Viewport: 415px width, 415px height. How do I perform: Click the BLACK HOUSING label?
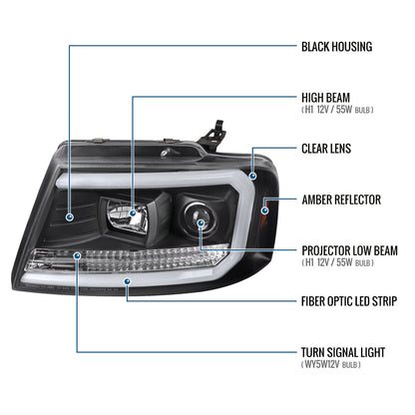tap(336, 47)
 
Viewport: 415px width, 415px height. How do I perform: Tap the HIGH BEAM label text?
tap(325, 98)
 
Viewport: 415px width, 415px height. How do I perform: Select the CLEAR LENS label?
tap(326, 149)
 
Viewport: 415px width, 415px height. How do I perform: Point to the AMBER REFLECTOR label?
tap(341, 200)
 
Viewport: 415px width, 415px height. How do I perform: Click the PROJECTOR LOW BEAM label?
tap(349, 250)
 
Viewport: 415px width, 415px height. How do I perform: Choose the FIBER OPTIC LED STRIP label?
tap(349, 301)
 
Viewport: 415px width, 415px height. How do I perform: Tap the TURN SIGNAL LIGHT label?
tap(343, 352)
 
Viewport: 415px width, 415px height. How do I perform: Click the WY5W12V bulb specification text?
tap(330, 364)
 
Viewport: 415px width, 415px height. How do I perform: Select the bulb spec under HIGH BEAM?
tap(337, 110)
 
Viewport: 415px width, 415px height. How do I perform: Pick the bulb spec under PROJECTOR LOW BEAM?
tap(337, 262)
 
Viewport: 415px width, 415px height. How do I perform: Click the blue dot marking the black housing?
tap(70, 217)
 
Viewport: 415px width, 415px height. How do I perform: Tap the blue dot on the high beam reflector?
tap(133, 213)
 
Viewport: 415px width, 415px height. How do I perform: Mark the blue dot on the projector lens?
tap(201, 222)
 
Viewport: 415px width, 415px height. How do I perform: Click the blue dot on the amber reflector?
tap(265, 210)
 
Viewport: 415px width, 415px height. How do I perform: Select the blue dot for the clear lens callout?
tap(253, 176)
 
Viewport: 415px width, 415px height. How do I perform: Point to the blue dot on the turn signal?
tap(78, 255)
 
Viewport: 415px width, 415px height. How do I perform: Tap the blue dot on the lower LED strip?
tap(127, 282)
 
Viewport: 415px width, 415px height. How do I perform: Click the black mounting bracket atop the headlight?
tap(211, 136)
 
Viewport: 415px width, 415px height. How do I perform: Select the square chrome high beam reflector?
tap(128, 216)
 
